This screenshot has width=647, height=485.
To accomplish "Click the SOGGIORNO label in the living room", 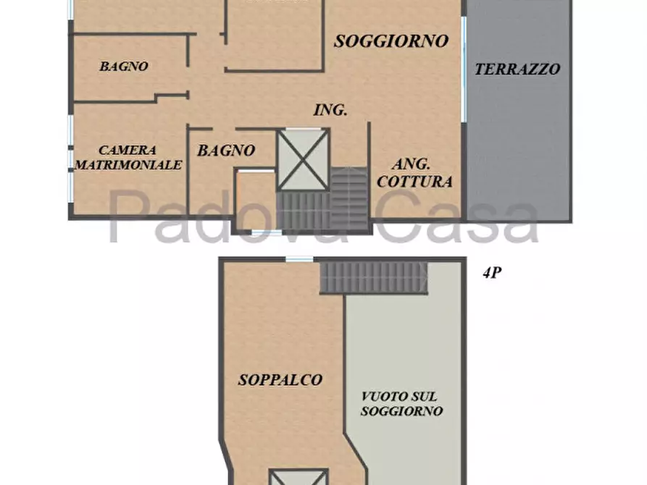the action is click(x=391, y=41).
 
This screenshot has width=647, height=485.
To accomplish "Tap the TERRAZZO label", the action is click(x=517, y=69).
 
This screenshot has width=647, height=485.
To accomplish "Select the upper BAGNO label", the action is click(x=124, y=66).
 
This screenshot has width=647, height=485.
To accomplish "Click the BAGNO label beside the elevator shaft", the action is click(x=226, y=151).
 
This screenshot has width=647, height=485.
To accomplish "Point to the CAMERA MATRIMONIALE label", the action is click(x=128, y=158).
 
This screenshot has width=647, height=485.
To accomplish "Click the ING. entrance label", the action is click(x=330, y=110).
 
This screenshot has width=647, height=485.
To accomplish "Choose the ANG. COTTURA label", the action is click(x=414, y=173).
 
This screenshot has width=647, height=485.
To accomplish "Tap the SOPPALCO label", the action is click(x=280, y=380).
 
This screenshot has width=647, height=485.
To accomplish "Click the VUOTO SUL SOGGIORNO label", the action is click(x=401, y=404).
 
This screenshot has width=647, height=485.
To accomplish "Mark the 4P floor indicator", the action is click(x=492, y=273).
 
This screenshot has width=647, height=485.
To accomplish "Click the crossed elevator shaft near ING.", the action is click(x=304, y=159).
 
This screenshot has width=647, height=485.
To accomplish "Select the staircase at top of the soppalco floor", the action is click(x=373, y=277).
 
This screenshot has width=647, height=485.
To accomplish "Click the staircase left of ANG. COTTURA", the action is click(x=348, y=199).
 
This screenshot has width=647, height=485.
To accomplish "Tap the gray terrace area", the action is click(x=518, y=109).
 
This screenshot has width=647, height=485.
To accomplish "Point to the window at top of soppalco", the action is click(x=299, y=259).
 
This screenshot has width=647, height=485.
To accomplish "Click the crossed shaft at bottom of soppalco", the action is click(x=299, y=477).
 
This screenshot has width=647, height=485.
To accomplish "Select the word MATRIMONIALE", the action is click(x=128, y=165).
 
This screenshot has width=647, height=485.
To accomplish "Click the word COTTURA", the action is click(x=414, y=182).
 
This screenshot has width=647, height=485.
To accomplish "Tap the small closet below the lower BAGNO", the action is click(x=256, y=200).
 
